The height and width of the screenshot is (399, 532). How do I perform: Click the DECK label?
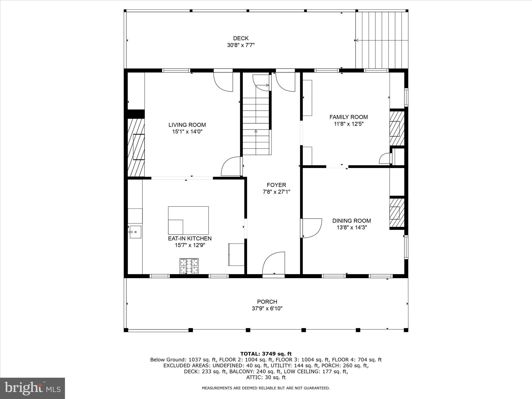tap(241, 38)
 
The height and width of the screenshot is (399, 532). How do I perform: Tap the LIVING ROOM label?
tap(187, 125)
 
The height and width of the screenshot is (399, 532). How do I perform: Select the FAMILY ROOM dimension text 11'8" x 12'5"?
tap(349, 124)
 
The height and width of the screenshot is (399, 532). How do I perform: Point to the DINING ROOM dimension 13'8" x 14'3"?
tap(351, 228)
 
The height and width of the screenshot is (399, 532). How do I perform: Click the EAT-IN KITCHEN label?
tap(190, 238)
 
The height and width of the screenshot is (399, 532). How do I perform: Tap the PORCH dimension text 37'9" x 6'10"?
tap(267, 309)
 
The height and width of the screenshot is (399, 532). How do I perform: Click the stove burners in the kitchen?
tap(189, 266)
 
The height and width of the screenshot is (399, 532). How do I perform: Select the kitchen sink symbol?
tap(135, 232)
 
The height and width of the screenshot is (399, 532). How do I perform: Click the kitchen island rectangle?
tap(188, 220)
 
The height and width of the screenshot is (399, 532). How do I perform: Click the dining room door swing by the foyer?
tap(311, 228)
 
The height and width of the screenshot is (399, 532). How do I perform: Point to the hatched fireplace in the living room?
tap(136, 148)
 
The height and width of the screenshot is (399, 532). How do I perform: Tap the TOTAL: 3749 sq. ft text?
tap(266, 354)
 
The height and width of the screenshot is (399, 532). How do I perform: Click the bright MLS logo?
tap(32, 388)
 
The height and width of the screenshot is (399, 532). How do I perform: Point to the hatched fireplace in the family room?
tap(397, 128)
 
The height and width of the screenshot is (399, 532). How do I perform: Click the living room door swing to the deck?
tap(223, 82)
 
